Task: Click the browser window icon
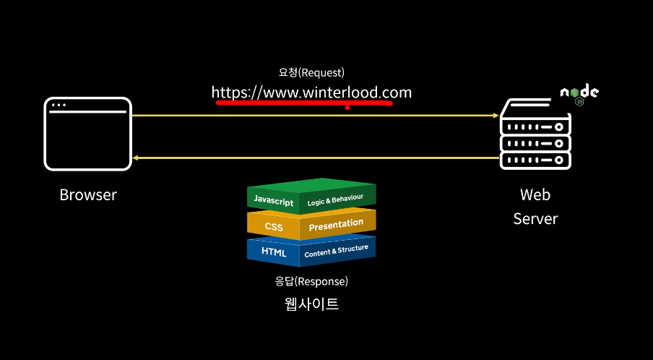(x=88, y=134)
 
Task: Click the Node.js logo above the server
(x=579, y=94)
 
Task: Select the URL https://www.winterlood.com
(x=311, y=93)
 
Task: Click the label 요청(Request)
(x=311, y=72)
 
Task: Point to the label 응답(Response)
(x=311, y=280)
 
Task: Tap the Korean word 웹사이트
(x=311, y=304)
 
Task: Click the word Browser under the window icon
(x=88, y=194)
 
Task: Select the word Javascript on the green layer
(x=273, y=200)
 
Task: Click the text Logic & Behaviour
(x=334, y=199)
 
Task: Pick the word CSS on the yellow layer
(x=274, y=226)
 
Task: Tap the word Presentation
(x=336, y=225)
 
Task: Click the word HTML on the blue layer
(x=274, y=252)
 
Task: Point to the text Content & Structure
(x=336, y=251)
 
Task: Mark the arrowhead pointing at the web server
(x=496, y=116)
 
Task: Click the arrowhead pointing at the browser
(x=136, y=157)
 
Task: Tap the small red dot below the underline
(x=347, y=109)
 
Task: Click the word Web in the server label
(x=535, y=194)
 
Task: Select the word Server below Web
(x=535, y=218)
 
